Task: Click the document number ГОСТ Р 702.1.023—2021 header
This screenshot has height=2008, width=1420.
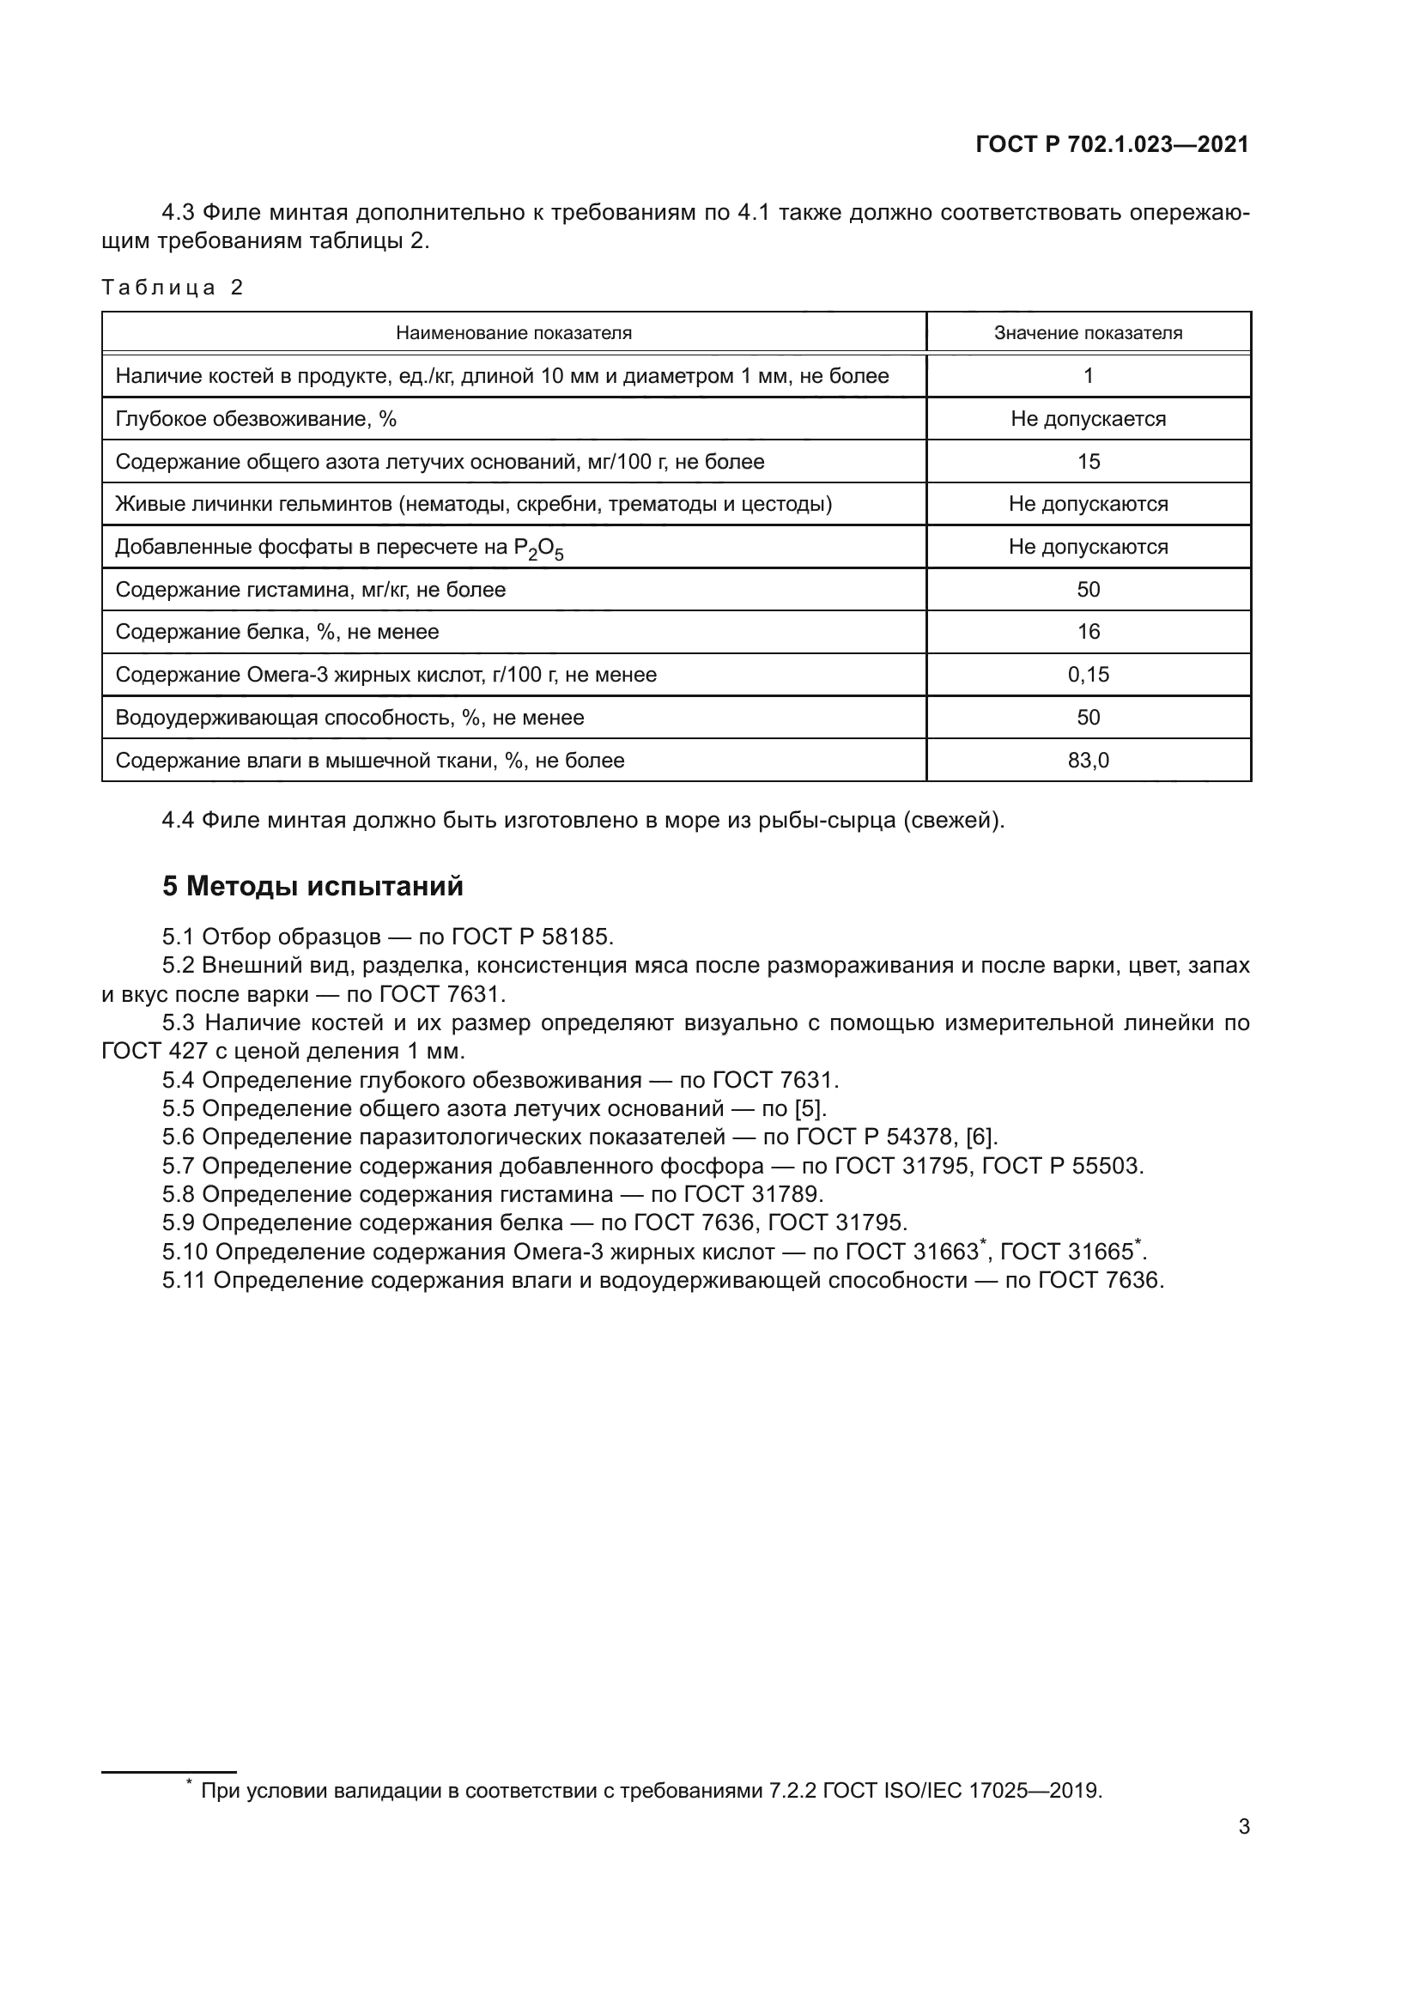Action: point(1111,144)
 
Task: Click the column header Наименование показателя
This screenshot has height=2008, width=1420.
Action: point(513,333)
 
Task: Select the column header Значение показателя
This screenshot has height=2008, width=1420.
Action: point(1088,333)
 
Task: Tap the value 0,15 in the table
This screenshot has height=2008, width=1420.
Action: point(1088,674)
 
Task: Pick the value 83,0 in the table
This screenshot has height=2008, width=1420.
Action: point(1088,760)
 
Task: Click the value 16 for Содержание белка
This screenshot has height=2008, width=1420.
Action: point(1088,632)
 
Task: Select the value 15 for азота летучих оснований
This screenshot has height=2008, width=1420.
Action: point(1088,461)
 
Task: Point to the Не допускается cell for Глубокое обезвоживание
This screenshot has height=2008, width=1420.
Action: point(1088,419)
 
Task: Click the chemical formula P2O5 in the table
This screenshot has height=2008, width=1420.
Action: point(538,549)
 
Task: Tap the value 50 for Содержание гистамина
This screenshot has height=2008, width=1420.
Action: point(1088,590)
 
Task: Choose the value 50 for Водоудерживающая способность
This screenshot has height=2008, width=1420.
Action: point(1088,717)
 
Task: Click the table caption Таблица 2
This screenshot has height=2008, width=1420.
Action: point(173,288)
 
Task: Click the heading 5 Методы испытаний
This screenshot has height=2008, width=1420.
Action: point(313,886)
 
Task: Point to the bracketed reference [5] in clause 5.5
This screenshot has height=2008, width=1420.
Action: point(808,1109)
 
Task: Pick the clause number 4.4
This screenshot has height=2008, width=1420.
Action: point(179,821)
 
